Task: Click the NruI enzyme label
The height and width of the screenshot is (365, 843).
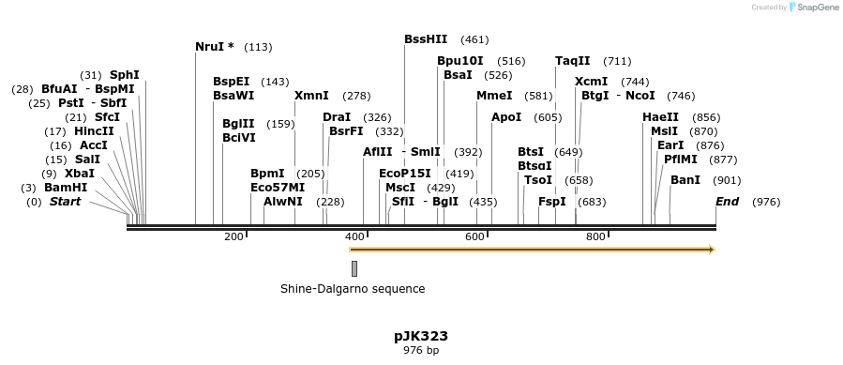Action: pyautogui.click(x=214, y=47)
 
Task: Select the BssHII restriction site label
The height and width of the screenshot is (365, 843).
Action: pyautogui.click(x=426, y=39)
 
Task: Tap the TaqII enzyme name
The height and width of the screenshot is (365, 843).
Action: pyautogui.click(x=572, y=61)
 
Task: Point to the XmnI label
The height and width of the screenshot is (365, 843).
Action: pyautogui.click(x=311, y=96)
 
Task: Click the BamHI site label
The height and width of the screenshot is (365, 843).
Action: pyautogui.click(x=66, y=188)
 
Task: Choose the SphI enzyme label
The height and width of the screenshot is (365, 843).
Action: pyautogui.click(x=124, y=75)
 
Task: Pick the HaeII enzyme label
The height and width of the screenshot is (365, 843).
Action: pyautogui.click(x=660, y=117)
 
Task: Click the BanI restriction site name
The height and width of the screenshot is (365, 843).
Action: pyautogui.click(x=685, y=180)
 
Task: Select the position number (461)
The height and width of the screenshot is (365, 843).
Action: pyautogui.click(x=474, y=40)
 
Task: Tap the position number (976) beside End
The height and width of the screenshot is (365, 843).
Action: pyautogui.click(x=766, y=202)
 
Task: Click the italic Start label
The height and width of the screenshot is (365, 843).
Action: pyautogui.click(x=65, y=202)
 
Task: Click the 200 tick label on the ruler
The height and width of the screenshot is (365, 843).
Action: pyautogui.click(x=233, y=236)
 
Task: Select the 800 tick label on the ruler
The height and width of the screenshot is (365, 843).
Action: pyautogui.click(x=595, y=236)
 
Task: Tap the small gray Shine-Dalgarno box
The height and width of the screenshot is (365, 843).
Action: pyautogui.click(x=354, y=268)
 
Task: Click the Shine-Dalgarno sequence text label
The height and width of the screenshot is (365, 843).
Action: pyautogui.click(x=353, y=288)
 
